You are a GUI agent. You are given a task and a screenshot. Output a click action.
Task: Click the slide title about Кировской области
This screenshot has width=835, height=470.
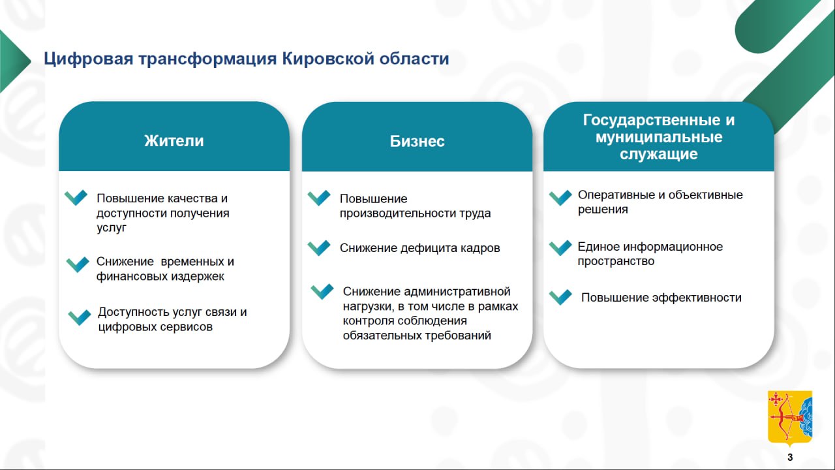coord(247,59)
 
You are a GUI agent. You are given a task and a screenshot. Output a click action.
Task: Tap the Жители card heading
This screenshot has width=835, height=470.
coord(174,141)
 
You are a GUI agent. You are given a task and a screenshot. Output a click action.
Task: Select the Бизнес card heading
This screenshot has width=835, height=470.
coord(417,142)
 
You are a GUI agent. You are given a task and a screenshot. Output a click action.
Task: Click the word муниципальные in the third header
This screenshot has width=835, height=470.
coord(659,137)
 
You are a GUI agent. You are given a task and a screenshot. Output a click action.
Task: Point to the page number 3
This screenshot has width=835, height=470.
coord(790,458)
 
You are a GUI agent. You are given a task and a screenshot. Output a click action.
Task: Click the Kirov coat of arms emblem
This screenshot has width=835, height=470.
coord(790,418)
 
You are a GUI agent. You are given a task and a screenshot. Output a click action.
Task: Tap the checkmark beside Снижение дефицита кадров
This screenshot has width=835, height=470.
coord(319,247)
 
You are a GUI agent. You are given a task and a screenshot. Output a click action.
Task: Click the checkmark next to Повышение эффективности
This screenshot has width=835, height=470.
coord(560,297)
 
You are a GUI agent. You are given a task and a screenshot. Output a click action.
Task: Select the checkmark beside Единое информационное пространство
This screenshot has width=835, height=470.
coord(560,247)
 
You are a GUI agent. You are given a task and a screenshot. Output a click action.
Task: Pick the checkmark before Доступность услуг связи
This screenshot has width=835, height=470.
coord(80,317)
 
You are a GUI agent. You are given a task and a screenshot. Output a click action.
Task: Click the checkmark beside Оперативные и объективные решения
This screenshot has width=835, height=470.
coord(560,198)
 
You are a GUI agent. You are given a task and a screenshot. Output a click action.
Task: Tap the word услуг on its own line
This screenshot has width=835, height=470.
coord(112,228)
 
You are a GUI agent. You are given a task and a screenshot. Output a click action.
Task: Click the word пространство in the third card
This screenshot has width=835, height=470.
coord(616,261)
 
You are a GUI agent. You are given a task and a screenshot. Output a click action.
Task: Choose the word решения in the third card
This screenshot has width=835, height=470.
coord(603,210)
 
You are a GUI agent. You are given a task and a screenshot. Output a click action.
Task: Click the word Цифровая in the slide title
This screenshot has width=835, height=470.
coord(88,59)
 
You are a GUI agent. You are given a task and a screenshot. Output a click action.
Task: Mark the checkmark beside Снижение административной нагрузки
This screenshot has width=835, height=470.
coord(322,291)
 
